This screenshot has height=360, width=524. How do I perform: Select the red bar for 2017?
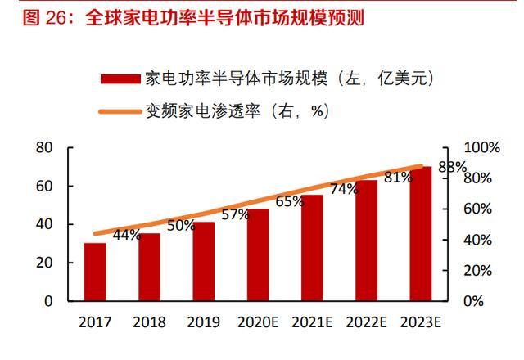tap(95, 272)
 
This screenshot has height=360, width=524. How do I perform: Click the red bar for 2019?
tap(204, 261)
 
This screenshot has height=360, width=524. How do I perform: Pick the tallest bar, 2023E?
tap(421, 233)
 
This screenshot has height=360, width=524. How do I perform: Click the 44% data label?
tap(127, 235)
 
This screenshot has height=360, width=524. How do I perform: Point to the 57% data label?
tap(235, 214)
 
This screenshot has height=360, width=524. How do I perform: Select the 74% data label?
tap(344, 189)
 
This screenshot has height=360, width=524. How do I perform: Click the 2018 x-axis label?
tap(149, 322)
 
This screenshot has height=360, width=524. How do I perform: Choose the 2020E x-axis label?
tap(258, 322)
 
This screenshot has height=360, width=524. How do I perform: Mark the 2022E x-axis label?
tap(367, 322)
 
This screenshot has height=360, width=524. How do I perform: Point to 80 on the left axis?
tap(44, 147)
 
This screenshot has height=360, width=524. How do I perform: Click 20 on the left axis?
tap(44, 263)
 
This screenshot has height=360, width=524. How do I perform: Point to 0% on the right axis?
tap(474, 301)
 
